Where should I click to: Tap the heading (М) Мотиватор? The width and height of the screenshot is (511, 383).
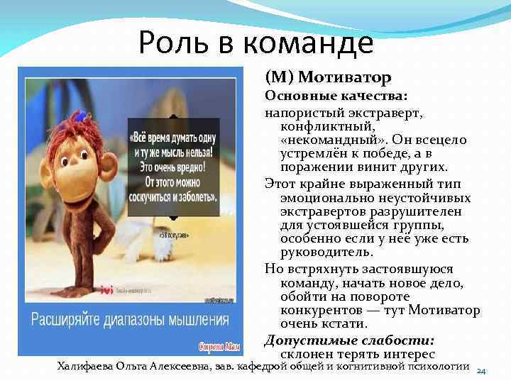coord(328,75)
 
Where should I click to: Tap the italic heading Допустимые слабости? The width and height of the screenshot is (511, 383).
coord(349,340)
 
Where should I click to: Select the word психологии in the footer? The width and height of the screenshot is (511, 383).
coord(439,366)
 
